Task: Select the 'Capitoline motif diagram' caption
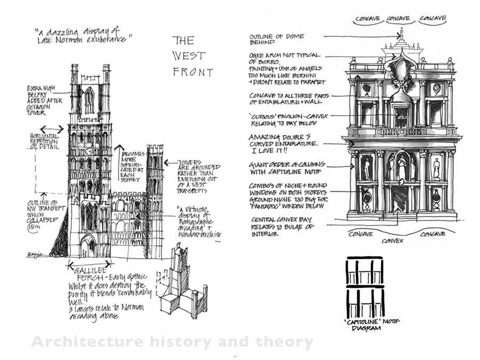tap(365, 325)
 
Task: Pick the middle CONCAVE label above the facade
tap(398, 19)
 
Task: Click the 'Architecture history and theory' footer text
tap(172, 342)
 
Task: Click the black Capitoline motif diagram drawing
tap(365, 287)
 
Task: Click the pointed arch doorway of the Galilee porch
tap(86, 247)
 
